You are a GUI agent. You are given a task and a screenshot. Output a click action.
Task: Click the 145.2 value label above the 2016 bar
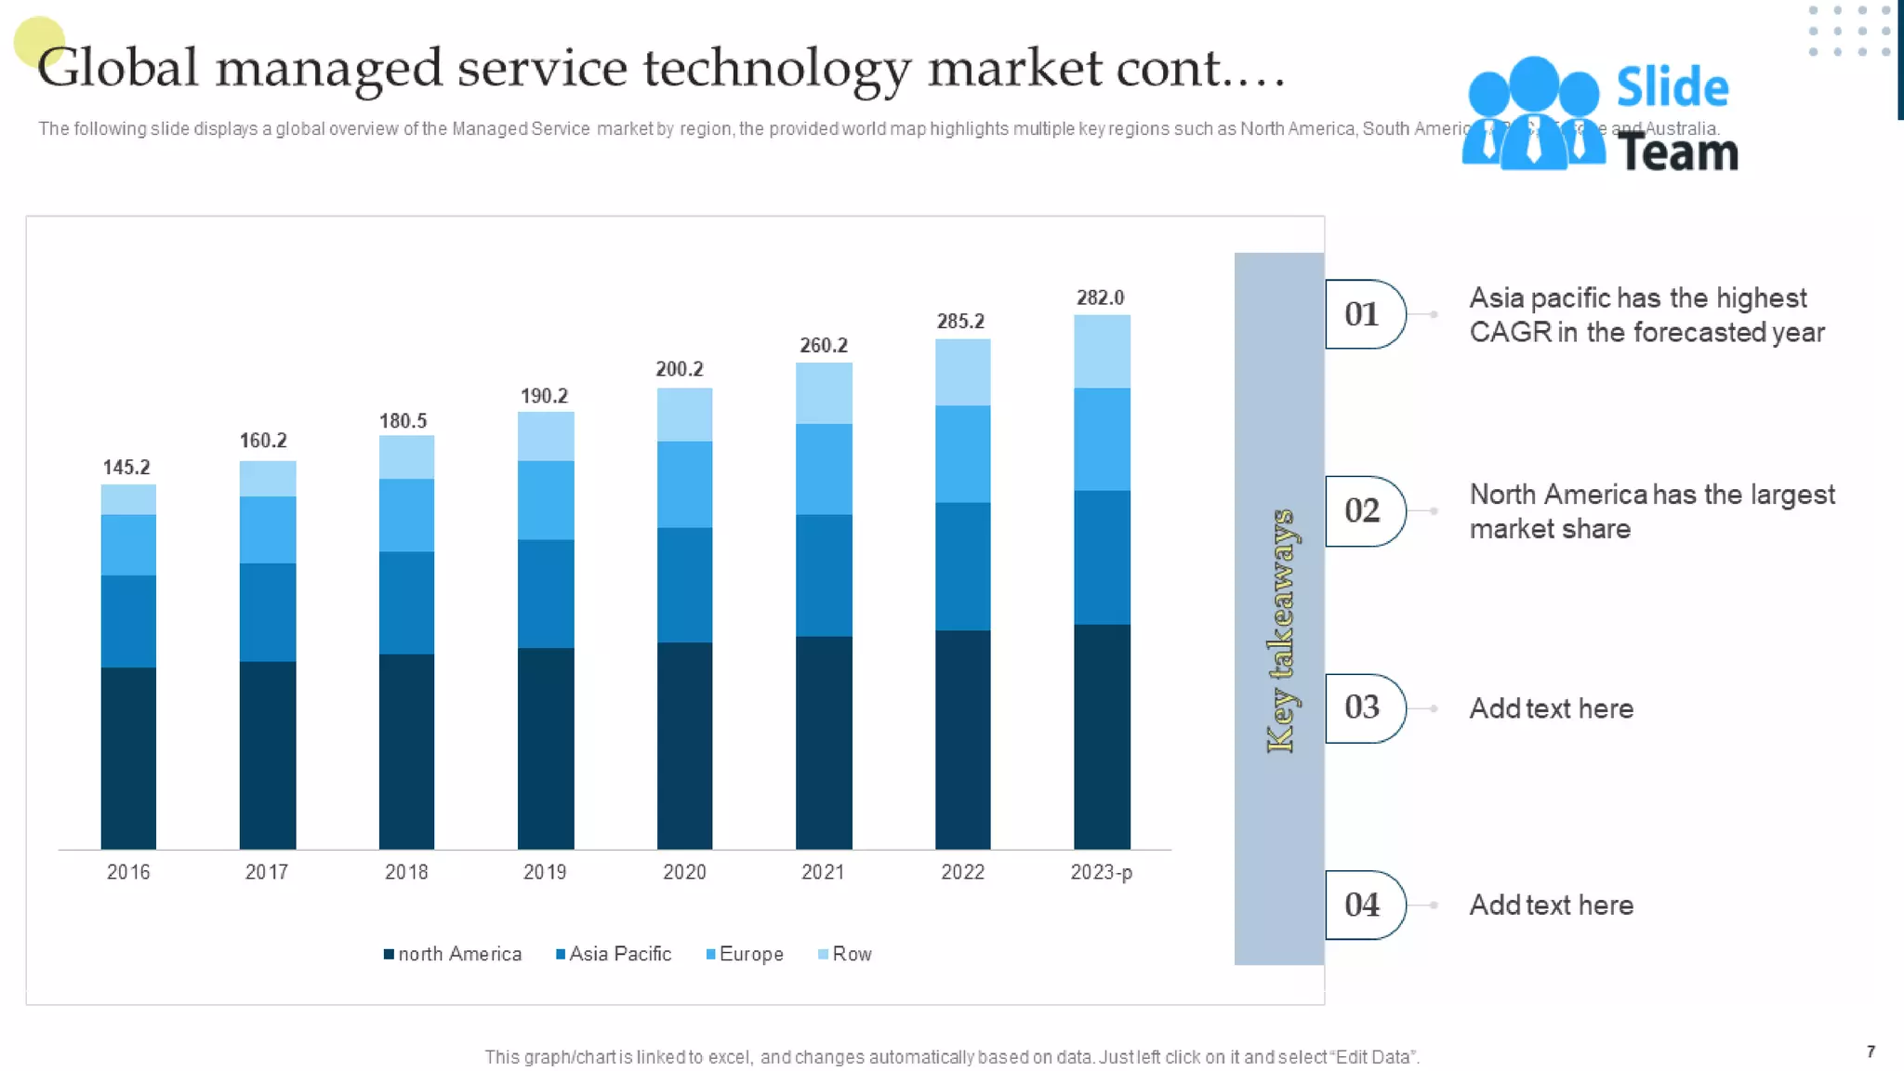pos(126,468)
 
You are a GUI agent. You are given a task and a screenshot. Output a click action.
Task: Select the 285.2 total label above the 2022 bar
pos(960,322)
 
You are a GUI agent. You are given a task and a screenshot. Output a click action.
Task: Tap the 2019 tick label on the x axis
pos(545,872)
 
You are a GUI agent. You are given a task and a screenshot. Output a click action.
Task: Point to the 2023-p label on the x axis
pos(1101,872)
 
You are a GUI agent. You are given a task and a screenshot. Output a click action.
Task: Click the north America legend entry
pos(453,954)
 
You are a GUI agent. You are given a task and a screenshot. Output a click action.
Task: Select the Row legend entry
pos(845,954)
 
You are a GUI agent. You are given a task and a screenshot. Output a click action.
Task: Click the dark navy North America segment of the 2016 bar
pos(128,758)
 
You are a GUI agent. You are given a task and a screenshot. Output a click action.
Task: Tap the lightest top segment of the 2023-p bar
pos(1102,351)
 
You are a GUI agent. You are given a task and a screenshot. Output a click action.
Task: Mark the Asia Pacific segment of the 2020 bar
pos(684,585)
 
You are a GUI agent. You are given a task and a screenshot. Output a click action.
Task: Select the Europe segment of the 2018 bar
pos(406,515)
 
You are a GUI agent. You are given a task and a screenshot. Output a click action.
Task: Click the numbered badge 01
pos(1363,314)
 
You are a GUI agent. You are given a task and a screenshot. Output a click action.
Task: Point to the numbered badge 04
pos(1363,905)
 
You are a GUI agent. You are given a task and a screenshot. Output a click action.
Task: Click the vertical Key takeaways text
pos(1280,630)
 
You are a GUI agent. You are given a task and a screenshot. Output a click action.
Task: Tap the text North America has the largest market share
pos(1651,511)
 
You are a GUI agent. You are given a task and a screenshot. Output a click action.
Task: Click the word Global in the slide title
pos(118,68)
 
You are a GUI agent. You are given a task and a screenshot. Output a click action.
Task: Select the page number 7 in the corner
pos(1871,1051)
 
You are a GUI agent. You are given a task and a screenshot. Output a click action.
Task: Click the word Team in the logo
pos(1677,152)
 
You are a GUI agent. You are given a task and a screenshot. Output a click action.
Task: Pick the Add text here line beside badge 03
pos(1551,708)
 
